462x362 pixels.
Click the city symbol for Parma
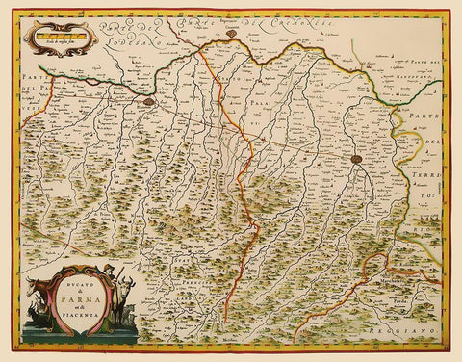pos(356,160)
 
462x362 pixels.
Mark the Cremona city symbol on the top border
pos(233,36)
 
